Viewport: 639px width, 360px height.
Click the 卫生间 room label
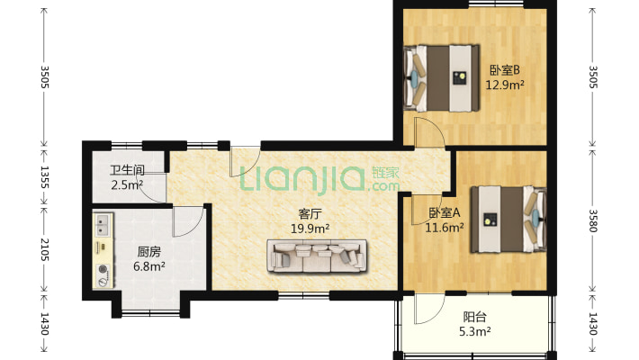127,170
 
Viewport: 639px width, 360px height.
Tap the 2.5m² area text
127,185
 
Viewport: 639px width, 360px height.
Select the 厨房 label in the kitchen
149,252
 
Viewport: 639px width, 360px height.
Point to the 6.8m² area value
149,266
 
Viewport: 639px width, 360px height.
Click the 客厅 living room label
310,213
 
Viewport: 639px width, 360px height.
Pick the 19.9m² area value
310,229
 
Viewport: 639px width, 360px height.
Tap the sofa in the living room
317,256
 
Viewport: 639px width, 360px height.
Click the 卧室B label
505,70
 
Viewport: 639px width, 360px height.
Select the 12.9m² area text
505,85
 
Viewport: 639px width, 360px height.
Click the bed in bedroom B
441,78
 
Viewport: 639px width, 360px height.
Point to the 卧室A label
445,212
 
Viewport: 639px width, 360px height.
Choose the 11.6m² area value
445,228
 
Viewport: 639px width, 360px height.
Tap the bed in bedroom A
508,220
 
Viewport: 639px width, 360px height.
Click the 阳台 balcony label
475,317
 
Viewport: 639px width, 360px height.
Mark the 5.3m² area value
475,332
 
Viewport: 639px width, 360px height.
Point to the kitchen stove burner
103,269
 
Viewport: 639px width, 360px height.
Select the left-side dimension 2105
44,249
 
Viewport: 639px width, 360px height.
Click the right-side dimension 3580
593,220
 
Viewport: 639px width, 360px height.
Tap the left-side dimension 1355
44,177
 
